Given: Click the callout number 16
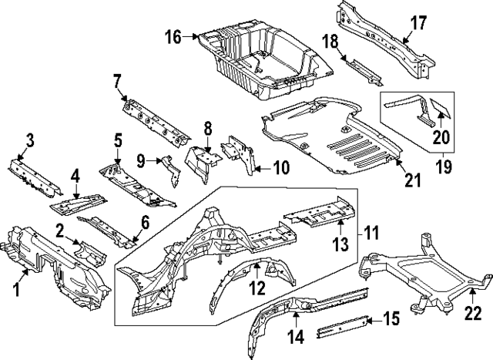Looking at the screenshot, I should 172,35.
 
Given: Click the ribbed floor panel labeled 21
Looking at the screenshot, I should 331,139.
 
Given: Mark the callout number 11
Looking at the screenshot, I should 372,230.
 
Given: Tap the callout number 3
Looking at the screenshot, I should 29,140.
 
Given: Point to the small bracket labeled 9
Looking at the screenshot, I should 169,167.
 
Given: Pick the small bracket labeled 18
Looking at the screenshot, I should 361,69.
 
